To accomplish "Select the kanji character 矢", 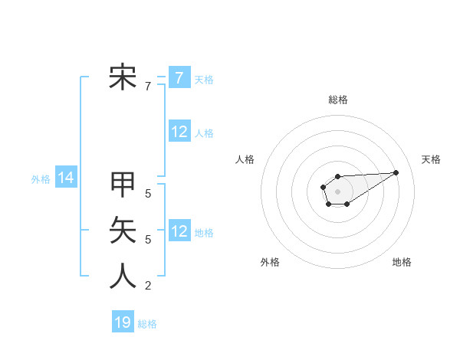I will click(123, 230).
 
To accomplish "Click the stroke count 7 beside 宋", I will click(148, 87).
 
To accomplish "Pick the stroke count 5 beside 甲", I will click(148, 194).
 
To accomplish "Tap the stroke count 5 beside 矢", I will click(148, 240).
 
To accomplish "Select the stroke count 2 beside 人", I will click(148, 286).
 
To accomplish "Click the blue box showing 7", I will click(179, 77).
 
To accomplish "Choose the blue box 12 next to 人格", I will click(179, 132).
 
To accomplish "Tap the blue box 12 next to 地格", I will click(179, 231).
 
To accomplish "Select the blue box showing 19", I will click(123, 322).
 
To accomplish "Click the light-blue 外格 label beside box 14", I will click(41, 179).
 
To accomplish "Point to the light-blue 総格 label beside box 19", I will click(147, 324).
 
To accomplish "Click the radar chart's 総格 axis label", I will click(337, 100).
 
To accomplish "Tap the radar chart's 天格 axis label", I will click(431, 159).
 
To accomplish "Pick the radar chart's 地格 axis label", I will click(402, 262).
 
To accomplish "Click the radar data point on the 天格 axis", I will click(396, 172).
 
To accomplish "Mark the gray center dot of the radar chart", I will click(337, 191).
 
